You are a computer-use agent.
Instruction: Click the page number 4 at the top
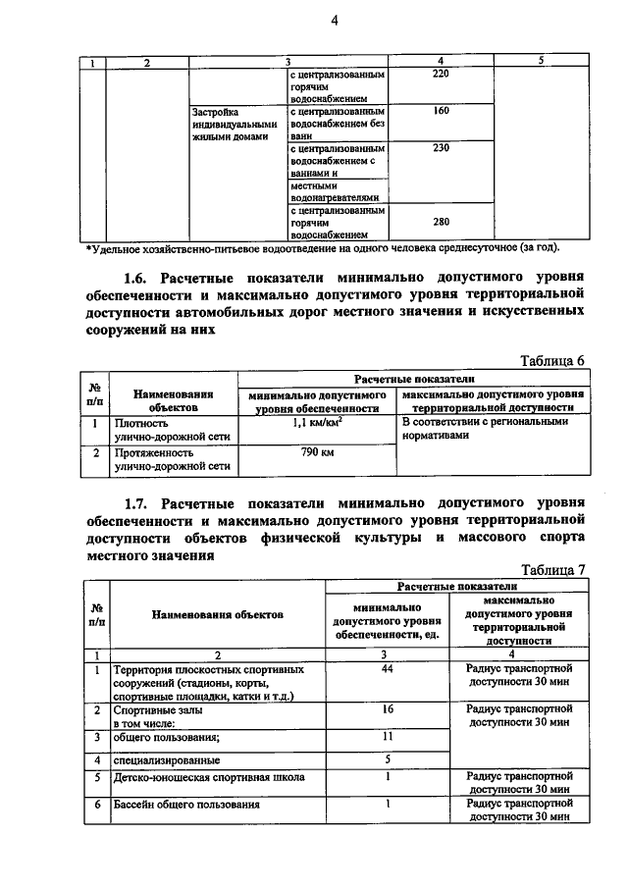pyautogui.click(x=333, y=24)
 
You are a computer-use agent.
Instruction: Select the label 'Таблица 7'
pyautogui.click(x=552, y=569)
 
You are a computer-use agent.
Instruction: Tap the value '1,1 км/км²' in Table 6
pyautogui.click(x=314, y=423)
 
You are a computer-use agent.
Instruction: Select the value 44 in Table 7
pyautogui.click(x=388, y=668)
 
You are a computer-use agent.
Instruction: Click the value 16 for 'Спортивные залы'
pyautogui.click(x=388, y=707)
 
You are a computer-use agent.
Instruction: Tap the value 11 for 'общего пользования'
pyautogui.click(x=388, y=735)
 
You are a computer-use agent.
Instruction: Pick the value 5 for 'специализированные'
pyautogui.click(x=388, y=757)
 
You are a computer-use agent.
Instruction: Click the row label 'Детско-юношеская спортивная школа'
pyautogui.click(x=208, y=778)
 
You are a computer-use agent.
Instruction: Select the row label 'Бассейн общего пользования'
pyautogui.click(x=185, y=805)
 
